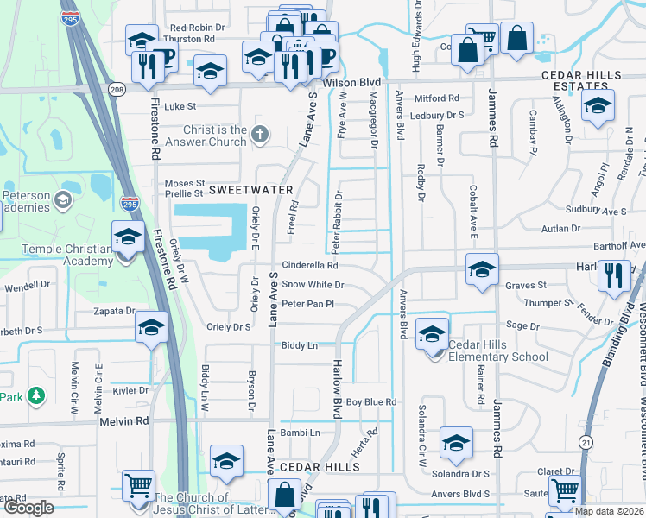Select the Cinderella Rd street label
tap(309, 266)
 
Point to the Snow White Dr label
tap(313, 285)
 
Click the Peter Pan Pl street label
tap(307, 304)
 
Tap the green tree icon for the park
tap(35, 396)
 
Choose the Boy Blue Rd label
tap(370, 402)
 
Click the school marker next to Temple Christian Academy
tap(128, 237)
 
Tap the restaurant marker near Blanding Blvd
tap(614, 277)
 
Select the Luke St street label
tap(180, 107)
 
